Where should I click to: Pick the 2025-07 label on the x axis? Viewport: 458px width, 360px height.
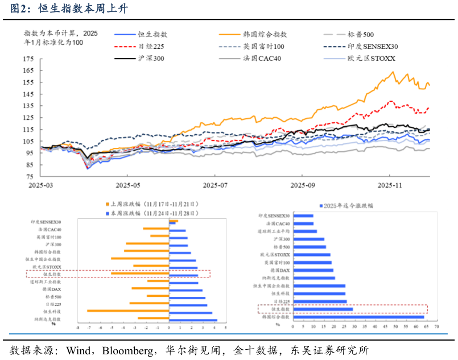214,185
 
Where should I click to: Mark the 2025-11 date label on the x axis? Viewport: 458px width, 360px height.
390,185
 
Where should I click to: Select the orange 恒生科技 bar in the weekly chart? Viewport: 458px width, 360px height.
129,311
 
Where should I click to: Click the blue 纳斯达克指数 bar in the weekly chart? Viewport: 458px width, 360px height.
193,320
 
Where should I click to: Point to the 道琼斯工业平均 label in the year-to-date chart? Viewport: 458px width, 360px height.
274,231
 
